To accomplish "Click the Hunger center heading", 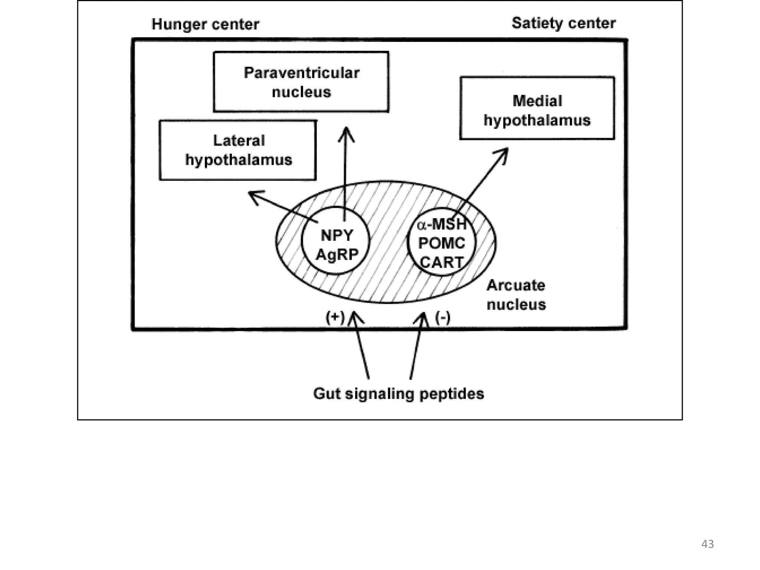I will tap(205, 24).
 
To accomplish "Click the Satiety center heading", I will tap(563, 23).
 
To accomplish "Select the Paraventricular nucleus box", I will tap(301, 82).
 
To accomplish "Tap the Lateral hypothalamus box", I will tap(238, 150).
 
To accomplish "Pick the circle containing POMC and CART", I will tap(441, 244).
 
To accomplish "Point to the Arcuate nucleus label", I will tap(516, 295).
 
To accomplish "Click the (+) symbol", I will tap(335, 318).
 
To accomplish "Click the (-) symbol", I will tap(443, 318).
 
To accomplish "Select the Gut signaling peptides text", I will tap(398, 393).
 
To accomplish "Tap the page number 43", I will tap(707, 544).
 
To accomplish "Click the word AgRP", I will tap(337, 255).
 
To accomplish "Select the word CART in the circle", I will tap(442, 262).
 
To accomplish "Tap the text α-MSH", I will tap(442, 225).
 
